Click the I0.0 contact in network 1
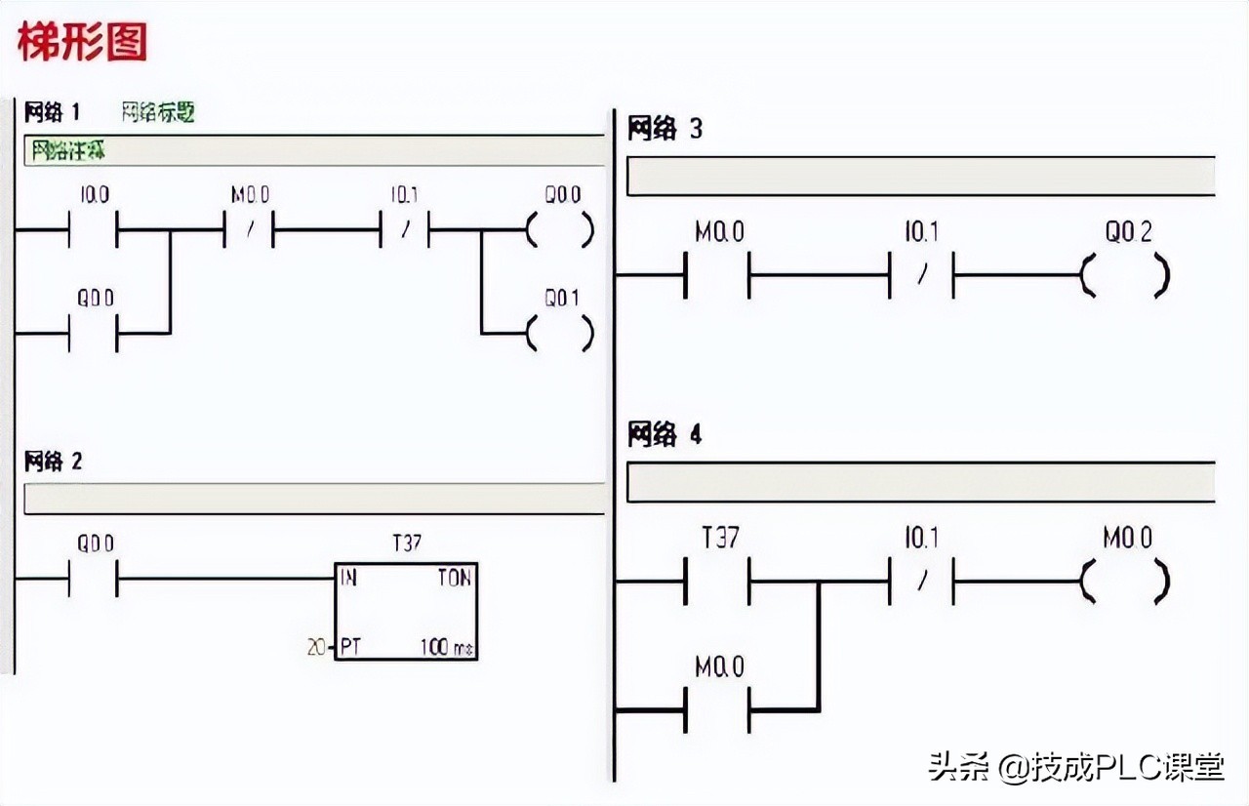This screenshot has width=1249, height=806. pos(93,232)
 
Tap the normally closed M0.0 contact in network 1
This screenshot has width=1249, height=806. pos(249,232)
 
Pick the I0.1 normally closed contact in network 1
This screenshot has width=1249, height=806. pos(404,232)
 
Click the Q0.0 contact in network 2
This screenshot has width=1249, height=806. pos(93,580)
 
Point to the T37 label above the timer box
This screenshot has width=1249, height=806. pos(406,543)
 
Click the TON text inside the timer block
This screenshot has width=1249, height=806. pos(454,578)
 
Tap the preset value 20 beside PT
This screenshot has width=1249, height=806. pos(316,646)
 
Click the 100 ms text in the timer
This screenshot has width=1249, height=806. pos(448,646)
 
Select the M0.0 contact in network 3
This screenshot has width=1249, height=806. pos(718,275)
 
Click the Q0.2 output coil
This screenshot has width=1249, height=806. pos(1124,275)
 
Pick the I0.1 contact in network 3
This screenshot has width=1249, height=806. pos(920,275)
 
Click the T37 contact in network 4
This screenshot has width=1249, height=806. pos(718,582)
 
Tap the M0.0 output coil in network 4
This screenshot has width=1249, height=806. pos(1124,582)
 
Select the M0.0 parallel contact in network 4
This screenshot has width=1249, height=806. pos(718,709)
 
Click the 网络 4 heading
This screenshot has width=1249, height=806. pos(665,435)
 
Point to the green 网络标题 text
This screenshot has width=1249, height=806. pos(158,112)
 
